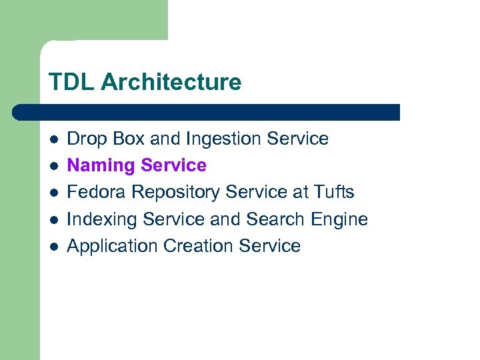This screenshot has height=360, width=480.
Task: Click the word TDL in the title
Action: (71, 83)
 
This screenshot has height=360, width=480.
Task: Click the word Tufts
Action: (334, 192)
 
